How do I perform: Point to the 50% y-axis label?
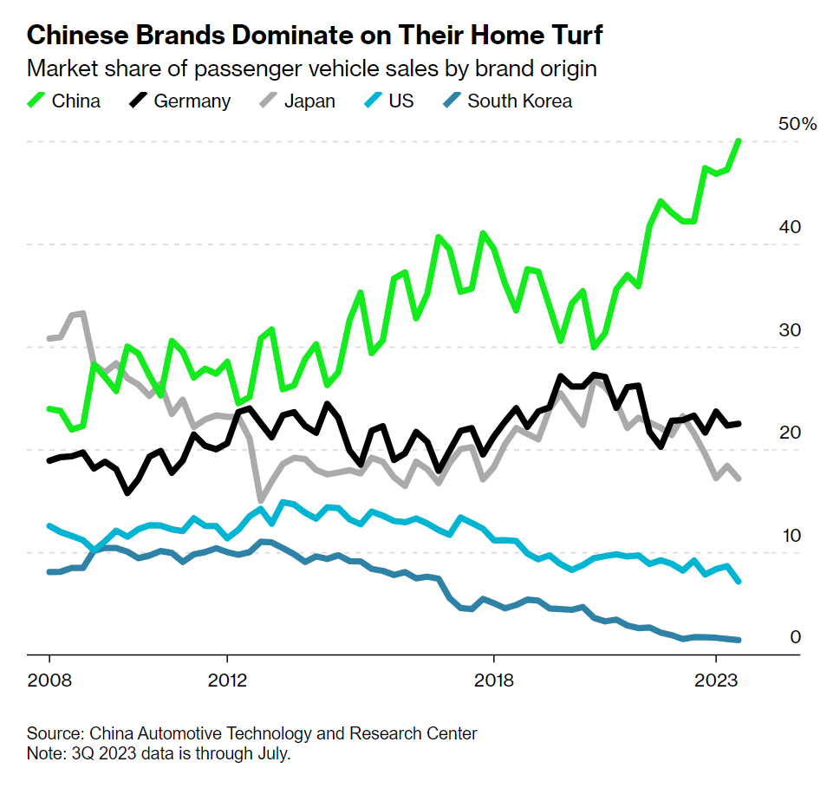click(x=797, y=124)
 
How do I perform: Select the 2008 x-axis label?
click(x=49, y=680)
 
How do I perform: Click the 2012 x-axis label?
click(x=226, y=680)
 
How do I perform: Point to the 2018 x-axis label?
click(x=493, y=680)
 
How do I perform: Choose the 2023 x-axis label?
click(x=716, y=680)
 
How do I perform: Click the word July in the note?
click(x=270, y=753)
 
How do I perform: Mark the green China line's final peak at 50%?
click(x=739, y=140)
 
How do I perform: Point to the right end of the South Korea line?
click(x=739, y=640)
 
